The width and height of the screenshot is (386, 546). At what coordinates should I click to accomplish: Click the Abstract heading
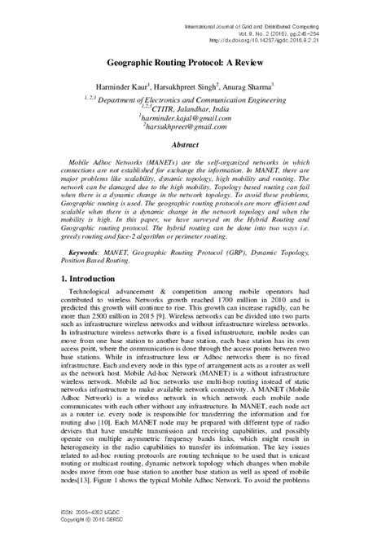click(x=193, y=141)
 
